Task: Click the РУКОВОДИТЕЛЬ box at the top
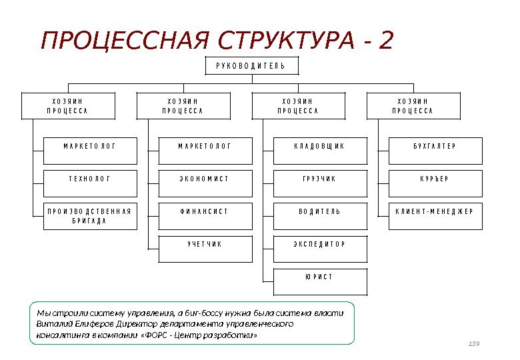click(x=250, y=65)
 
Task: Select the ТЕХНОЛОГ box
click(x=89, y=179)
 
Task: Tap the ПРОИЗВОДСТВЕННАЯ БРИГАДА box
click(x=89, y=216)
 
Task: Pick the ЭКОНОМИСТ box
click(x=204, y=179)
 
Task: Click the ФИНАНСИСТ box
click(x=204, y=211)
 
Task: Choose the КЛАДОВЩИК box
click(x=319, y=146)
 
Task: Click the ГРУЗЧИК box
click(x=319, y=179)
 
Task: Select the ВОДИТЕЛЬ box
click(x=319, y=211)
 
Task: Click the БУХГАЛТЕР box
click(x=435, y=146)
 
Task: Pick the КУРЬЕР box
click(x=435, y=179)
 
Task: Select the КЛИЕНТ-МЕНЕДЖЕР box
click(x=435, y=211)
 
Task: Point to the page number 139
click(x=474, y=343)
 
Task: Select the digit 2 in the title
click(x=385, y=41)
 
